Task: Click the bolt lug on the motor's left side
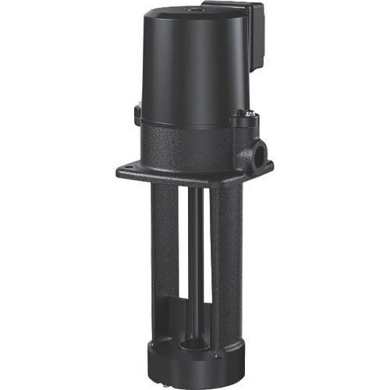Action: click(137, 115)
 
